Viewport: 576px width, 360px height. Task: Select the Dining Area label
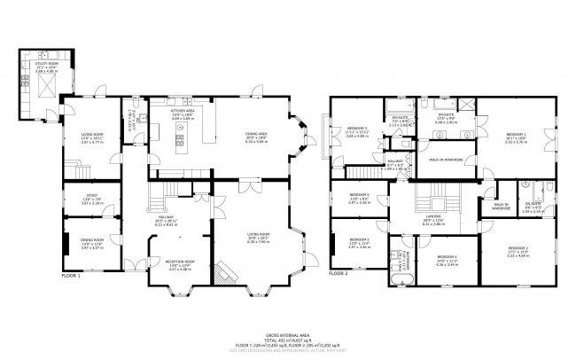[x=256, y=136]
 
